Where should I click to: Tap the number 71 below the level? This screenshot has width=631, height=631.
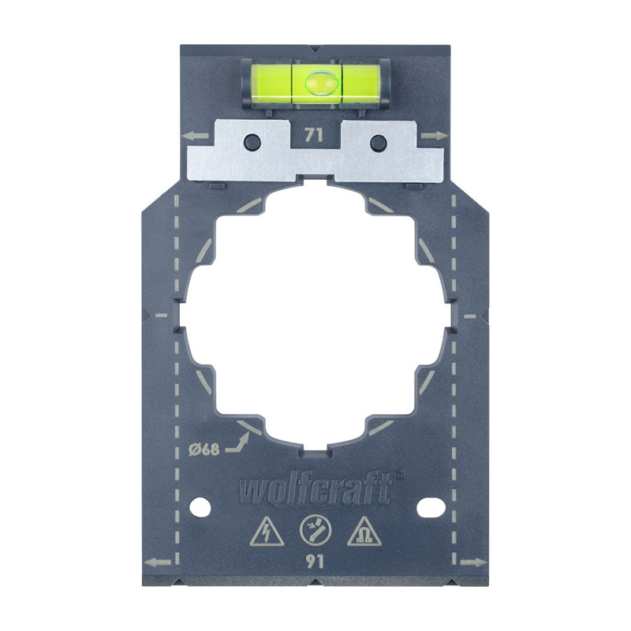tap(314, 135)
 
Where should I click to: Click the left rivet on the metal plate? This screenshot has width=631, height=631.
tap(252, 142)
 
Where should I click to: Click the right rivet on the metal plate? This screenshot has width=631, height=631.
tap(378, 142)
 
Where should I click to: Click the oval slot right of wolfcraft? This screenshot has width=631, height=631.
tap(430, 504)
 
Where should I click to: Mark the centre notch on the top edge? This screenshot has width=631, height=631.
tap(315, 47)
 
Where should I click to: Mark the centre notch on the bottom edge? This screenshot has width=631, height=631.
tap(315, 582)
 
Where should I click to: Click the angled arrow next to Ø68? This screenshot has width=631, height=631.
tap(237, 439)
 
